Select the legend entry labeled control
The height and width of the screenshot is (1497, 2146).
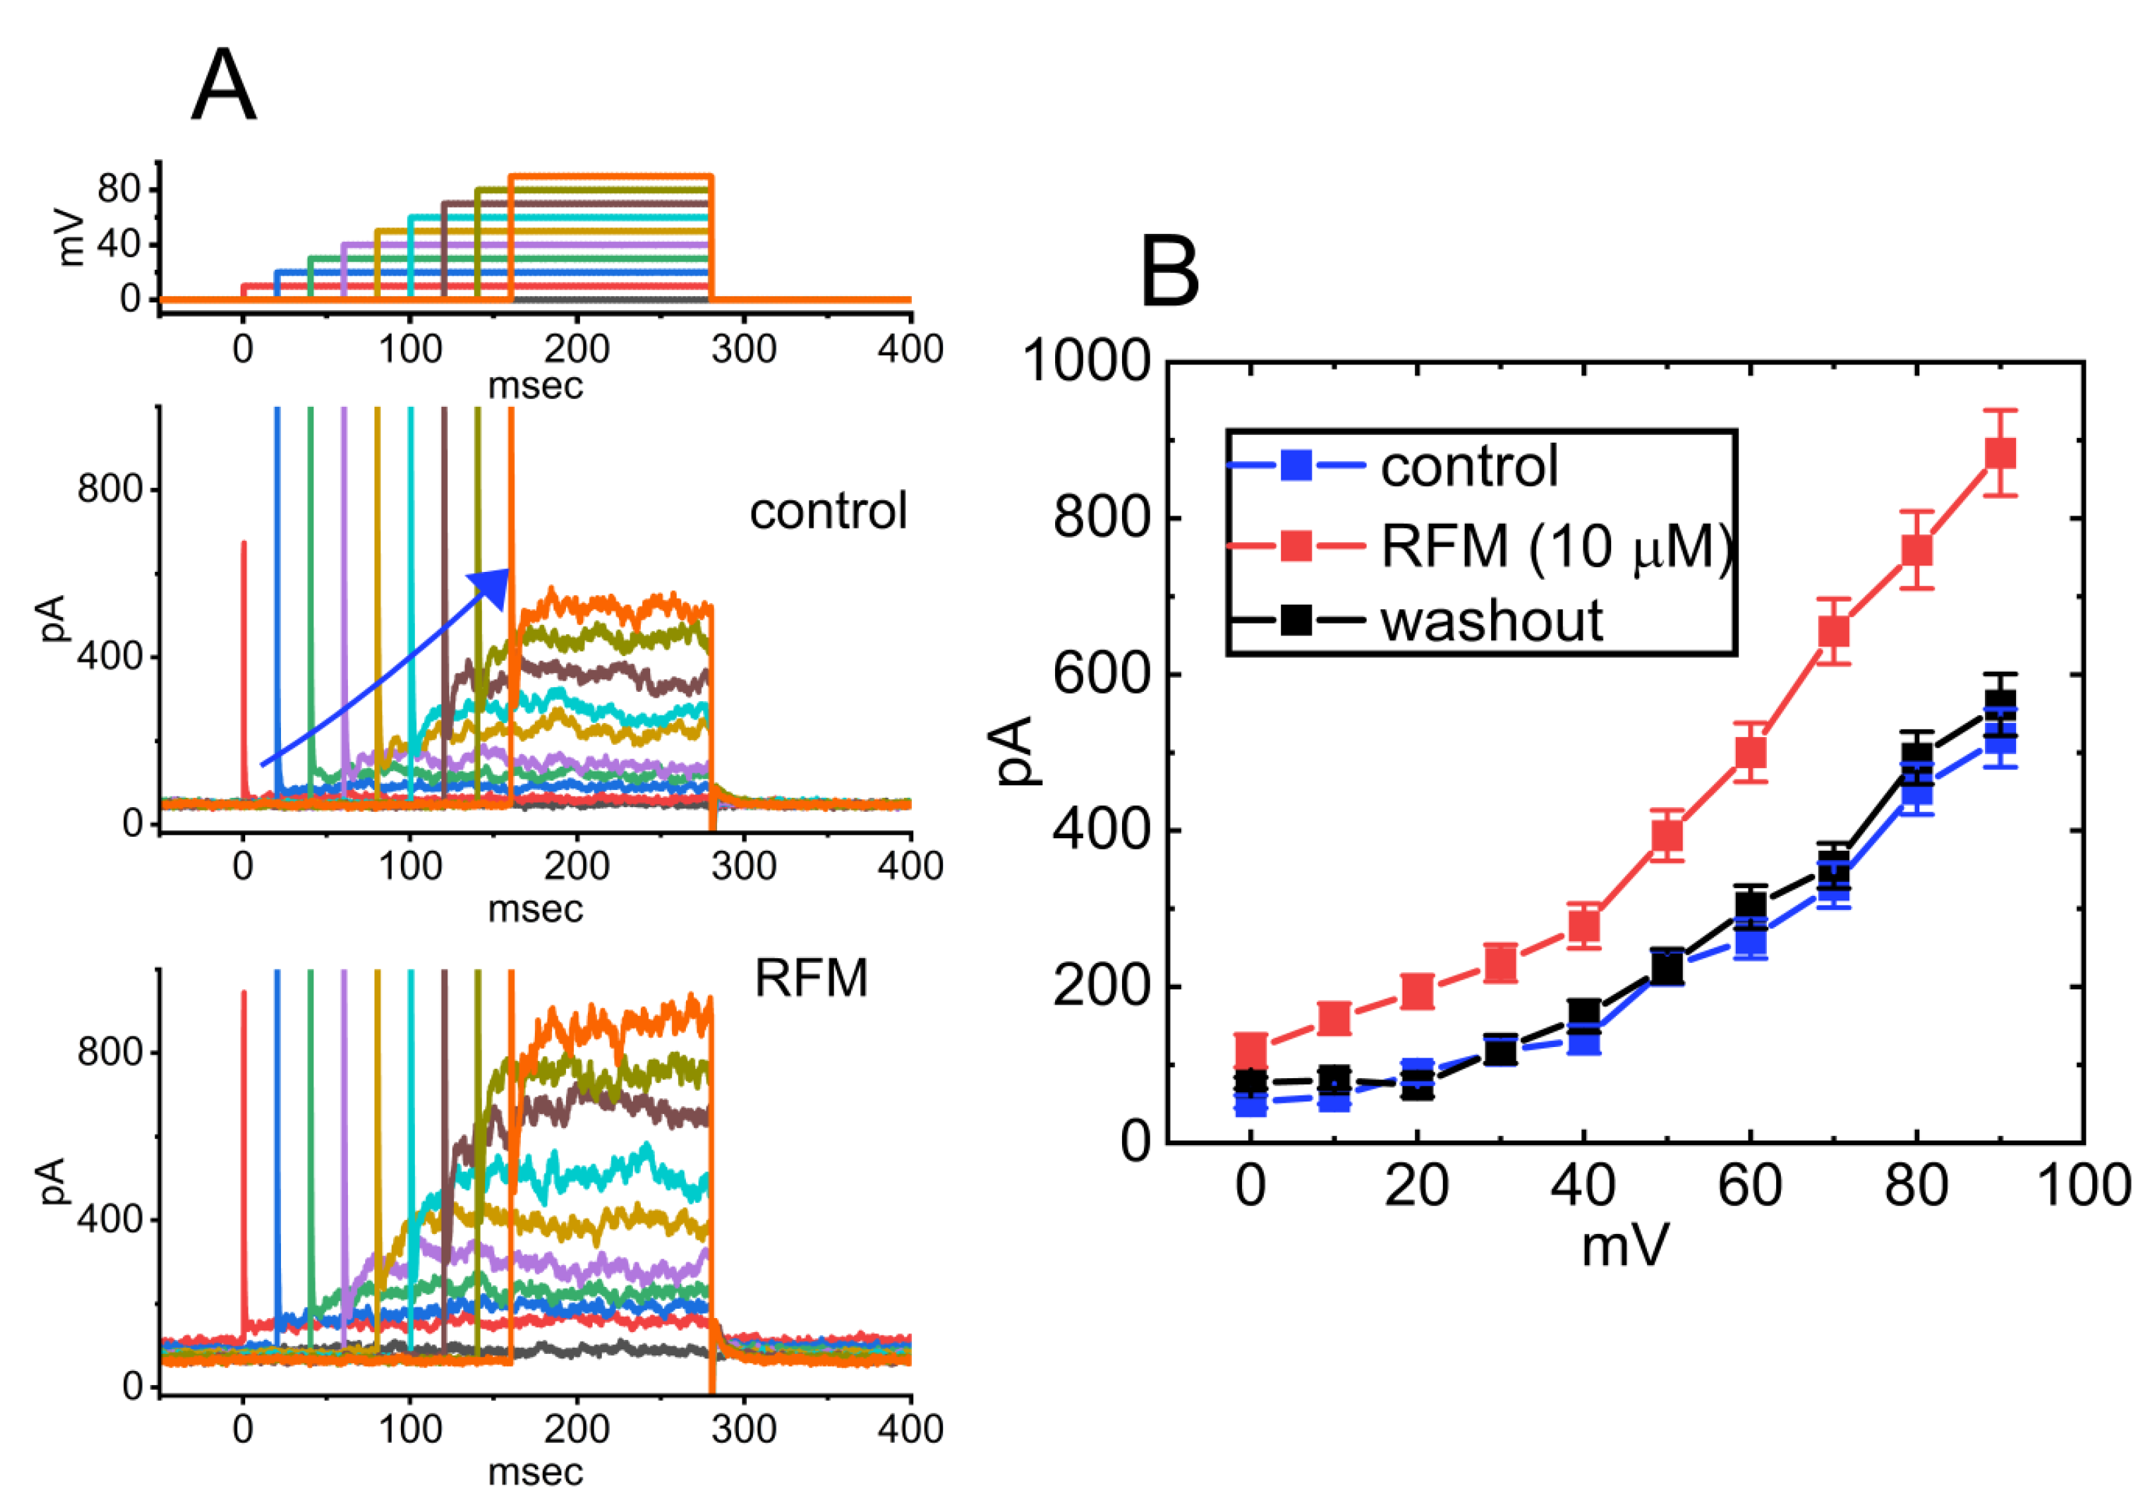(x=1469, y=465)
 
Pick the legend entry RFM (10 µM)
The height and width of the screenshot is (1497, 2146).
(x=1555, y=545)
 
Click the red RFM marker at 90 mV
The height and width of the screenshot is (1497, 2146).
(x=2000, y=453)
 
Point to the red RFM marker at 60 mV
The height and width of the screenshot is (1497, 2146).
(x=1750, y=752)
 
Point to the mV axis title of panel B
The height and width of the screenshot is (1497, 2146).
(x=1624, y=1247)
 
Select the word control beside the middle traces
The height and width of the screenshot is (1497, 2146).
(x=828, y=512)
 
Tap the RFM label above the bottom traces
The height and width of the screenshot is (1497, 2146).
(x=811, y=978)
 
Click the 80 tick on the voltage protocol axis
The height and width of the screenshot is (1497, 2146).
(x=118, y=190)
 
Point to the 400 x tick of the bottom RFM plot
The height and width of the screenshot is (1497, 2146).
(x=909, y=1429)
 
